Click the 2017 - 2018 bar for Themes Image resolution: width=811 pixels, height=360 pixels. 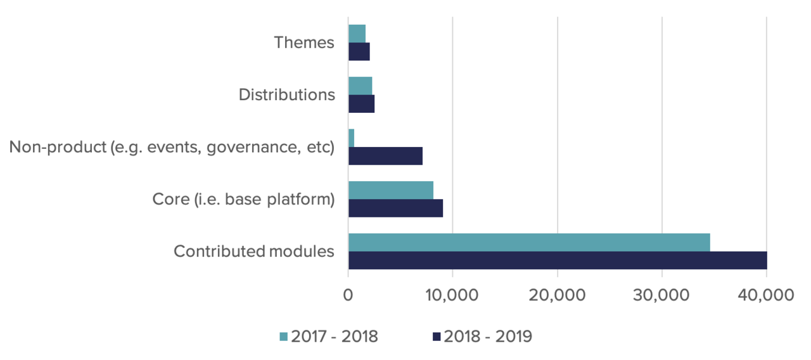[x=357, y=34]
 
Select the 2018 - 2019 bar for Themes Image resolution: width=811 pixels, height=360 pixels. [x=359, y=52]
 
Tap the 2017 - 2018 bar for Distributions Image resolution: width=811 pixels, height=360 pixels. [x=360, y=86]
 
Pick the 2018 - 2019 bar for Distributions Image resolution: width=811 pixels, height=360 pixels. [x=361, y=104]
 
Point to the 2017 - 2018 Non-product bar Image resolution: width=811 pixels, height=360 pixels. [x=351, y=138]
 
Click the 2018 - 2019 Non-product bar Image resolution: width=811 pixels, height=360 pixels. [x=385, y=156]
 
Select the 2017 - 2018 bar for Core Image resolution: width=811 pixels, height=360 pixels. [x=390, y=190]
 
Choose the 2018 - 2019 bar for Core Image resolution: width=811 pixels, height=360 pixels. [x=395, y=208]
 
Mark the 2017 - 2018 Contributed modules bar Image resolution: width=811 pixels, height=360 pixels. [x=529, y=241]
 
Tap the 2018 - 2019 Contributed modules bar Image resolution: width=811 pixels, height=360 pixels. [x=558, y=260]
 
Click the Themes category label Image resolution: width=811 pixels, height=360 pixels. [x=303, y=42]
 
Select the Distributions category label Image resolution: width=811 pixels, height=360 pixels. [x=286, y=94]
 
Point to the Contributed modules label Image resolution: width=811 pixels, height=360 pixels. [x=253, y=251]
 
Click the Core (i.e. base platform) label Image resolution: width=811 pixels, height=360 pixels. [x=243, y=199]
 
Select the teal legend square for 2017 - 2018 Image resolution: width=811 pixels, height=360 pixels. [x=283, y=337]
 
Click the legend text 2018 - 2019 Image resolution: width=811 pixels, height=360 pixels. [x=488, y=337]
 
